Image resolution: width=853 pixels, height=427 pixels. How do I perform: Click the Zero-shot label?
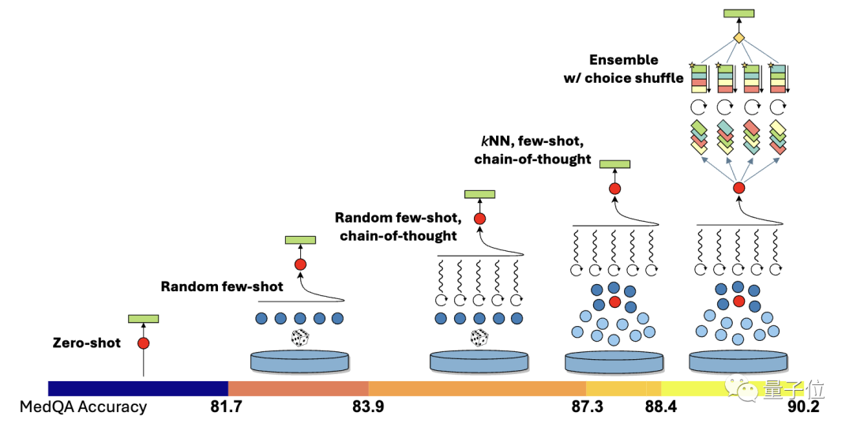pos(86,343)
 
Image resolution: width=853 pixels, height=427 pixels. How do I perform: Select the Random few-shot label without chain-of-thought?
pos(222,287)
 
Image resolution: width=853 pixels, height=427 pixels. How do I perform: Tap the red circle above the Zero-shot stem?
pos(143,343)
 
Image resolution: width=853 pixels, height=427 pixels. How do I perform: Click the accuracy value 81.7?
pos(214,407)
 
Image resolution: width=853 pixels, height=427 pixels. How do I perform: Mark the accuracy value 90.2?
pos(802,407)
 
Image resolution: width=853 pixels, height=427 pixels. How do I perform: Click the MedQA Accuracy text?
pos(84,407)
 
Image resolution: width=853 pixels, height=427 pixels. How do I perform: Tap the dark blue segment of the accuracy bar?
pos(138,388)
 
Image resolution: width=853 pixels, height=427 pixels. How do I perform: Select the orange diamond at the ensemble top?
pos(738,38)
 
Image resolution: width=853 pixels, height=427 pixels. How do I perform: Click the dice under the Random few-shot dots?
pos(300,339)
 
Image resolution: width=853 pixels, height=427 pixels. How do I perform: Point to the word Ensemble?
pos(623,60)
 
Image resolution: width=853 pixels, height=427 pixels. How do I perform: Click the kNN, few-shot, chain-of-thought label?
pos(532,151)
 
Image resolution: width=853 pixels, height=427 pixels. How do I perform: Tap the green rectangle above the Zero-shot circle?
pos(144,319)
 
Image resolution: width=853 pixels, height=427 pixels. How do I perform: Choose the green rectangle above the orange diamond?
pos(738,13)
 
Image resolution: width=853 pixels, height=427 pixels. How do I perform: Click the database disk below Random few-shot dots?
pos(300,362)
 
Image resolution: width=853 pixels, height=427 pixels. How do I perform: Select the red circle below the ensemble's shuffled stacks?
pos(738,188)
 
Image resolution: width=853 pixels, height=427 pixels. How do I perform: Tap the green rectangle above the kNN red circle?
pos(615,164)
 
